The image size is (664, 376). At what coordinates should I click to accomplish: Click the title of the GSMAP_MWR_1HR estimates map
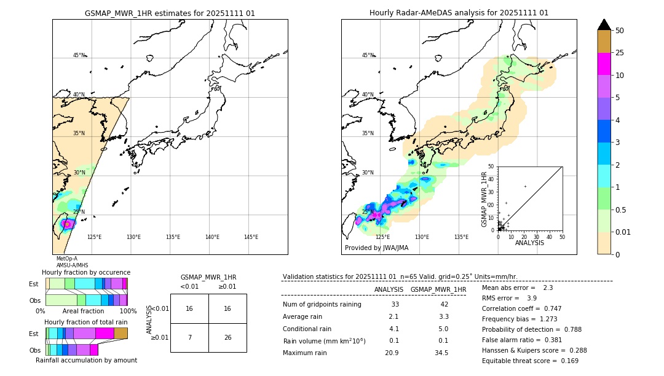pyautogui.click(x=170, y=13)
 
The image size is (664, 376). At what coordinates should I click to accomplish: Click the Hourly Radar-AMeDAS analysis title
pyautogui.click(x=459, y=13)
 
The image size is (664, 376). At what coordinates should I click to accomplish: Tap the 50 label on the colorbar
pyautogui.click(x=620, y=31)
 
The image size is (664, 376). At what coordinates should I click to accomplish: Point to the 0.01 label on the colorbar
pyautogui.click(x=623, y=232)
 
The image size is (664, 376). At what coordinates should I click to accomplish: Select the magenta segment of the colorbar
pyautogui.click(x=604, y=64)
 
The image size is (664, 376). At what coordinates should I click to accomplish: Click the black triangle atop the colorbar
pyautogui.click(x=604, y=25)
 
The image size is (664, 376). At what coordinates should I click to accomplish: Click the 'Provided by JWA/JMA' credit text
pyautogui.click(x=376, y=248)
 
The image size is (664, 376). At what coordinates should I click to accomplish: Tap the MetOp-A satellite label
pyautogui.click(x=67, y=259)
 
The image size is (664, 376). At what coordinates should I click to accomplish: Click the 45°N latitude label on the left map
pyautogui.click(x=79, y=55)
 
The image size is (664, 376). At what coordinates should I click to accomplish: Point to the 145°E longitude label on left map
pyautogui.click(x=251, y=237)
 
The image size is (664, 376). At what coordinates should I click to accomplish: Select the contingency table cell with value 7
pyautogui.click(x=189, y=337)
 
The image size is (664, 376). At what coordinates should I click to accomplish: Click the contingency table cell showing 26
pyautogui.click(x=227, y=337)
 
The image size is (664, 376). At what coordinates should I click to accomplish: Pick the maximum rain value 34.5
pyautogui.click(x=441, y=353)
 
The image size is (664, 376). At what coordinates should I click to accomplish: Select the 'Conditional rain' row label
pyautogui.click(x=308, y=329)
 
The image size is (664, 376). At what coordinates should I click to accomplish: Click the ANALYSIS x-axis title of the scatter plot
pyautogui.click(x=529, y=243)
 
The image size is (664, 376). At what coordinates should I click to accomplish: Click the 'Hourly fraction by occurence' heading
pyautogui.click(x=86, y=272)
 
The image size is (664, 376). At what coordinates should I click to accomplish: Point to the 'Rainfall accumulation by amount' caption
pyautogui.click(x=86, y=360)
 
